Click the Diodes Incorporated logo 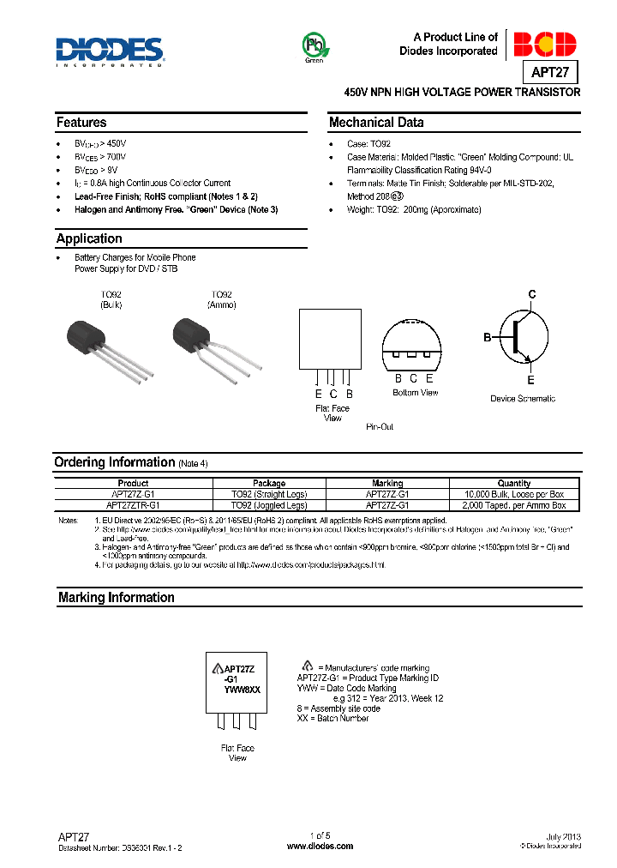[110, 51]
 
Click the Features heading [81, 123]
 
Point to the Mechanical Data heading [376, 123]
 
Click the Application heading [89, 238]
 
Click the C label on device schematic [531, 295]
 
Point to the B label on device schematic [487, 338]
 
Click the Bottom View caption [416, 393]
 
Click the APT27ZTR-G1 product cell [133, 505]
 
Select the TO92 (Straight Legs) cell [269, 494]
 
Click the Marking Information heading [116, 597]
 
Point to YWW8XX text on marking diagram [242, 690]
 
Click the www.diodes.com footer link [319, 846]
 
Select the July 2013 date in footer [563, 836]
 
